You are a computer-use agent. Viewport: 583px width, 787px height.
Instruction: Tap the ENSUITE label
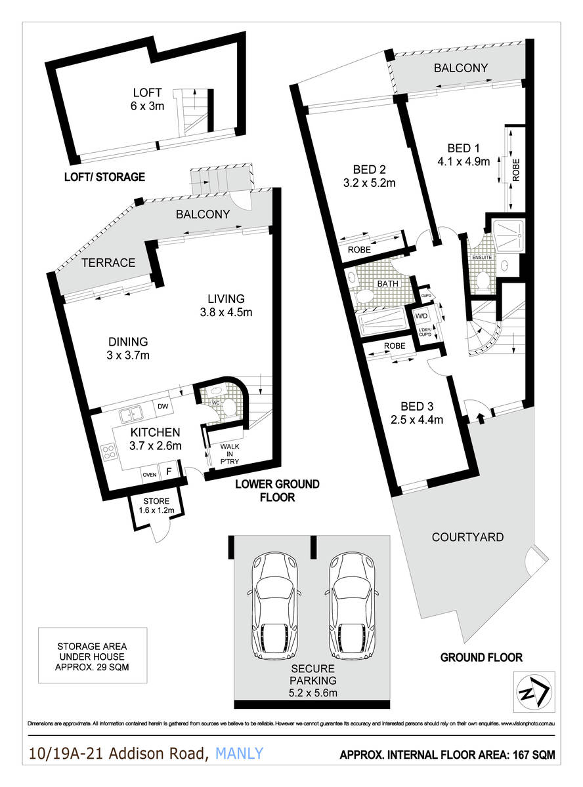point(482,256)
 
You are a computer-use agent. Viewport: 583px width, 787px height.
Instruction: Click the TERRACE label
point(109,263)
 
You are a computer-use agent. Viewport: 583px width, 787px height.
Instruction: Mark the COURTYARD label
point(467,537)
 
